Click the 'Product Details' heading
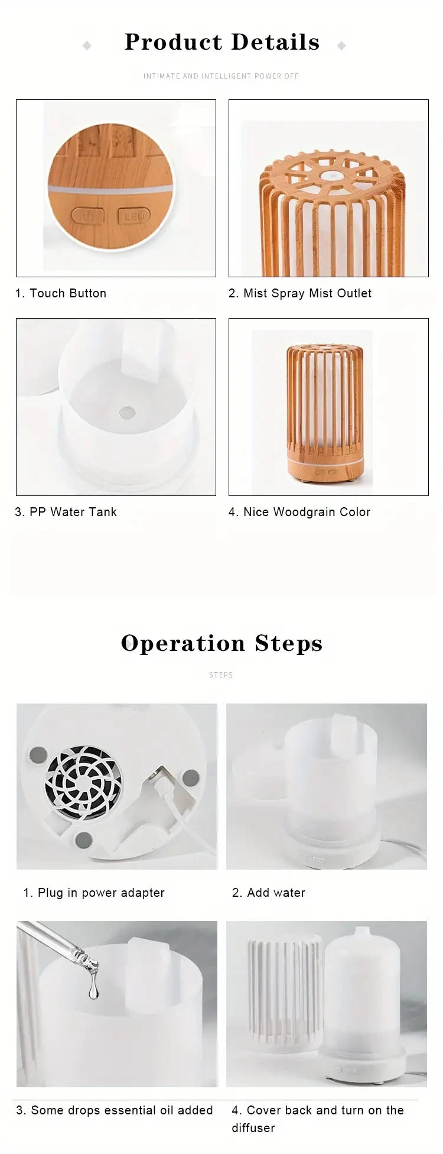[x=221, y=43]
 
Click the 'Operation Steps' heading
[x=221, y=643]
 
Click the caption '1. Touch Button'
[x=61, y=293]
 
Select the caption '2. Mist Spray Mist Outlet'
[x=300, y=293]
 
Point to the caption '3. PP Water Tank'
[x=66, y=512]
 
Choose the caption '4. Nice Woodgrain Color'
[x=299, y=512]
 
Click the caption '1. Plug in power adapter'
[x=94, y=893]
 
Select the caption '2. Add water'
[x=269, y=893]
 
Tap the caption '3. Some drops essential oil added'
[x=115, y=1110]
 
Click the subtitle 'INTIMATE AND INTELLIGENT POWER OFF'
[x=221, y=76]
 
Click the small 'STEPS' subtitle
[x=221, y=675]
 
